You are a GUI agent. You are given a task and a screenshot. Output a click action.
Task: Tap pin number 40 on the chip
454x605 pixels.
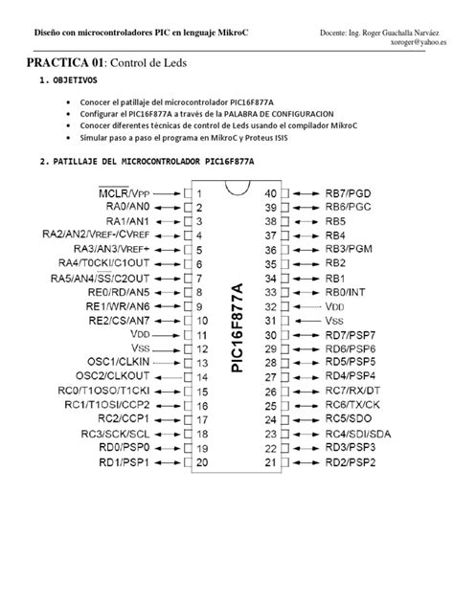coord(270,192)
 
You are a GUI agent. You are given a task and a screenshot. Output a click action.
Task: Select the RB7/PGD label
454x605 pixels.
coord(350,192)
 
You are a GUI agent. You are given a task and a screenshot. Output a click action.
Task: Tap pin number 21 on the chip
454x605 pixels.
coord(270,462)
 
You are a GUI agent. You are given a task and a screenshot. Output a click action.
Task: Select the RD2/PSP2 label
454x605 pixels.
coord(352,462)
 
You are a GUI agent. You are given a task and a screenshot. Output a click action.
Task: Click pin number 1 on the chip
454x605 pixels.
coord(199,192)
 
